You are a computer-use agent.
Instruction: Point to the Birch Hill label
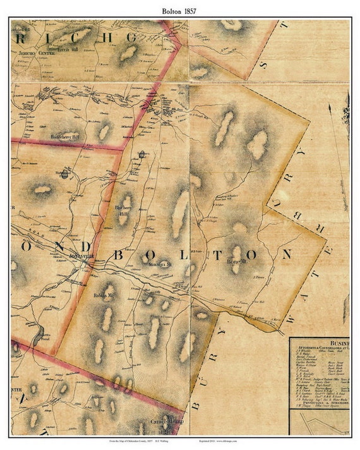69,49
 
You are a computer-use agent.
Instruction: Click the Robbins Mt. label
104,295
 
